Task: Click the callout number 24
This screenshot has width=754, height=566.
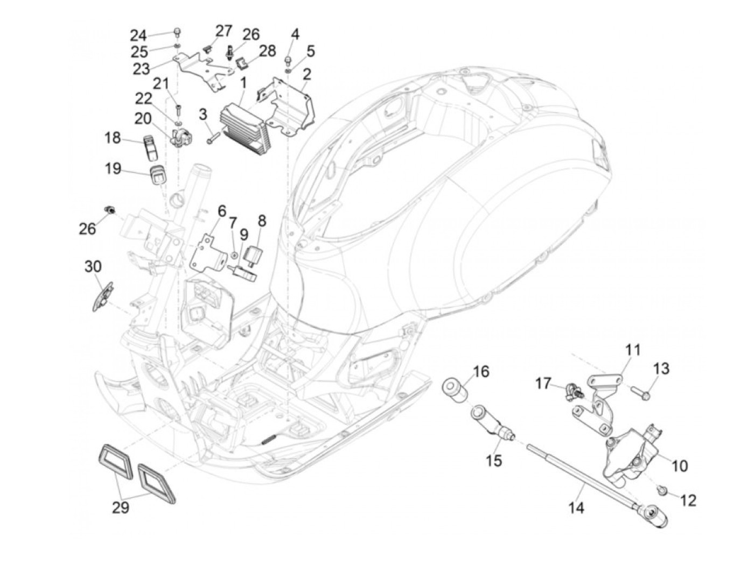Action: [138, 36]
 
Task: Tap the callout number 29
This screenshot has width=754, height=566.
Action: [121, 507]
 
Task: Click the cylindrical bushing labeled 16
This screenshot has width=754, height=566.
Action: [455, 391]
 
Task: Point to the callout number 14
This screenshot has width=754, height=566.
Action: [577, 507]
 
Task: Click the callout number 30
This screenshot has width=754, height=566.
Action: [93, 266]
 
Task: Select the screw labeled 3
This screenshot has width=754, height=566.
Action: [212, 139]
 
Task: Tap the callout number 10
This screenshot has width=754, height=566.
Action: [680, 465]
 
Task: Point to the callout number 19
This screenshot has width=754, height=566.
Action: [113, 169]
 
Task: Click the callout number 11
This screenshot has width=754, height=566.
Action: [633, 350]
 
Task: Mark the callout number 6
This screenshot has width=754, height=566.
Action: [221, 211]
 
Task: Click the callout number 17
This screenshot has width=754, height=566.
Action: [543, 384]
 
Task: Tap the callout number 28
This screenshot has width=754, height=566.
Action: [268, 52]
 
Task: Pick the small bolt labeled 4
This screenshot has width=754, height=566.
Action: [289, 58]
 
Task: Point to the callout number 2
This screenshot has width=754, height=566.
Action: [306, 73]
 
